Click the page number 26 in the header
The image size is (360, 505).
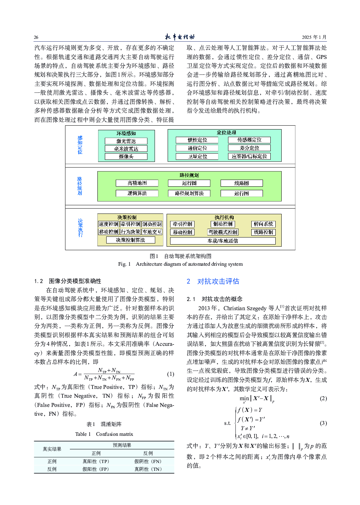(x=36, y=37)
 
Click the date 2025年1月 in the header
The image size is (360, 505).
(x=314, y=37)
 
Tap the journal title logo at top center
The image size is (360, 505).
(x=180, y=37)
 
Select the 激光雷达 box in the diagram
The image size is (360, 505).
(x=126, y=141)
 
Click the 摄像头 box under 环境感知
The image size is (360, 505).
(x=126, y=156)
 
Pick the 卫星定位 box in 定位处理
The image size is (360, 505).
(x=198, y=156)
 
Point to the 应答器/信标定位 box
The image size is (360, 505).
(x=249, y=156)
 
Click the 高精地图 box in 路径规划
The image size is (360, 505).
(x=137, y=183)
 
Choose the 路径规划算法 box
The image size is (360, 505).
(x=189, y=193)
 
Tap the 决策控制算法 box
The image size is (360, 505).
(x=131, y=240)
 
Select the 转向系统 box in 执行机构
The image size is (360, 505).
(x=263, y=224)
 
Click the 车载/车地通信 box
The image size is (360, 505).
(x=223, y=241)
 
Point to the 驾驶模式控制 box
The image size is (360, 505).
(x=223, y=232)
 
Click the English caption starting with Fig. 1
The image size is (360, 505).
(x=180, y=264)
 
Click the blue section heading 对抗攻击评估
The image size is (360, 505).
(x=218, y=281)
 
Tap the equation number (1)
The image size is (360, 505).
(x=170, y=374)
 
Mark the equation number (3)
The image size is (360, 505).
(x=323, y=423)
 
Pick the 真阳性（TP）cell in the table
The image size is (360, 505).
(x=96, y=461)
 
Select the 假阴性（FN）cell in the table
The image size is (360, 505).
(x=148, y=461)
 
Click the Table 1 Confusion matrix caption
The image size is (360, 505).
(x=104, y=434)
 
